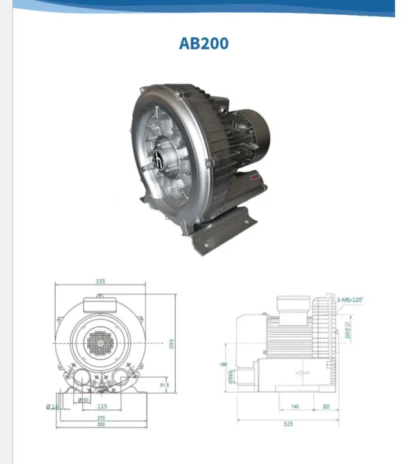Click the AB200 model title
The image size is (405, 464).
[203, 44]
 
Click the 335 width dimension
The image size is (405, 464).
[100, 281]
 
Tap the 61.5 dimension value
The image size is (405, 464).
[164, 386]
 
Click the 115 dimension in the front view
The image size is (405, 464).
[102, 406]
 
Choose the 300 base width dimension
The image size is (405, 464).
[101, 425]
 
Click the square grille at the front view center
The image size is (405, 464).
[99, 344]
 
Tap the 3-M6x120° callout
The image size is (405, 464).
[350, 299]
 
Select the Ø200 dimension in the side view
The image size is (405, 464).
[347, 330]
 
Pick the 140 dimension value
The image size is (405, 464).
[295, 407]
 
